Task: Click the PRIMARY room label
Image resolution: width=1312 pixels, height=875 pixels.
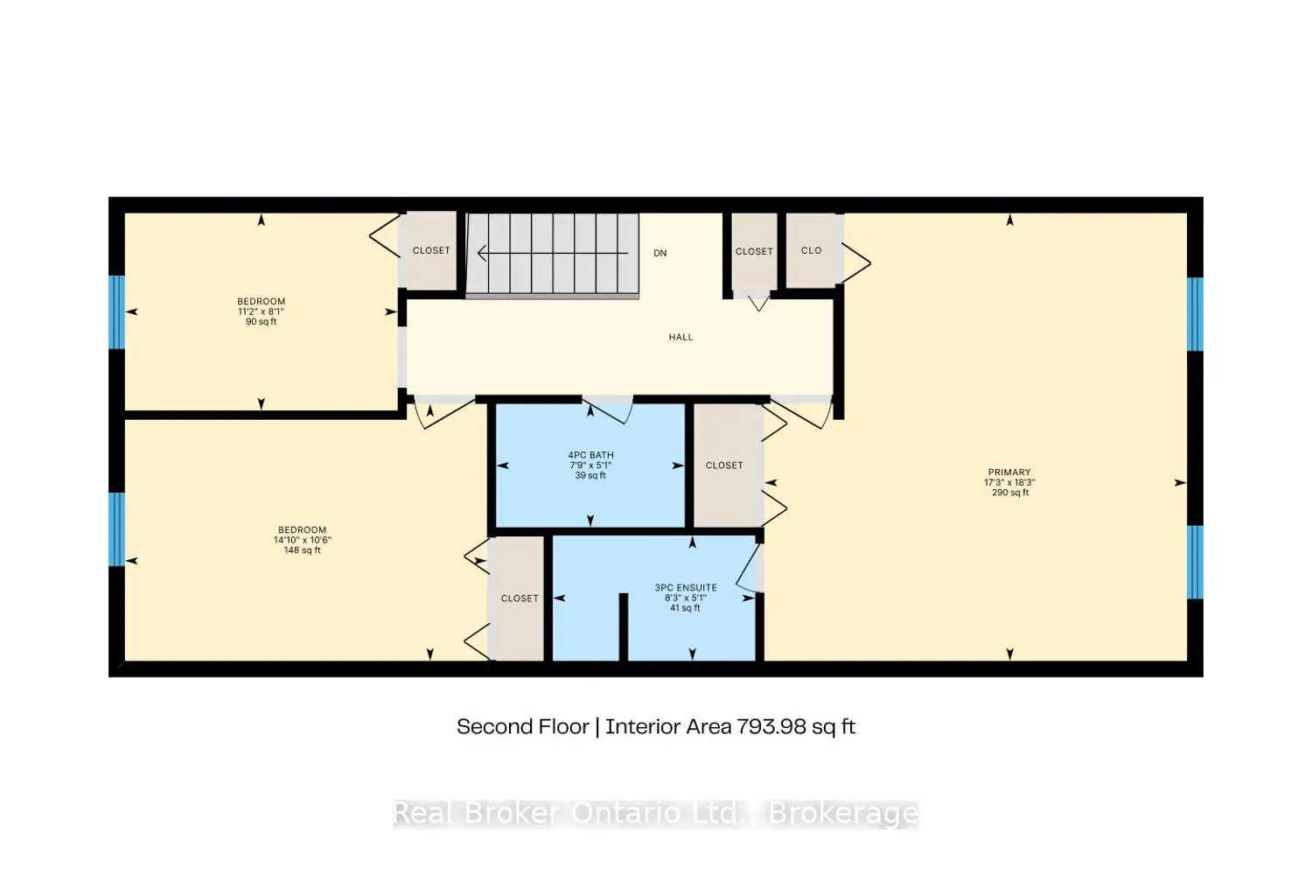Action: point(1009,472)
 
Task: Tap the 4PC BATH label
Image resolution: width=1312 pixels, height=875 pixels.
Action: point(590,455)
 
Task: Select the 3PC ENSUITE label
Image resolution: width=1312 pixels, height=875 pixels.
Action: point(686,588)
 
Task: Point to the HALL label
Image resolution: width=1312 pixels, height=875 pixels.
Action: point(680,337)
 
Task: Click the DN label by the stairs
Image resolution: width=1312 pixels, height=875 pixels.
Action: point(660,253)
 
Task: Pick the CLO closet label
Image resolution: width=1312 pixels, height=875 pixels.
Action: point(812,250)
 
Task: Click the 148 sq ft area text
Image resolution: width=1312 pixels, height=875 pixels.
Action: point(303,550)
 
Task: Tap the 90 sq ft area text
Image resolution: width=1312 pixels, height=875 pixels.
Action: point(261,322)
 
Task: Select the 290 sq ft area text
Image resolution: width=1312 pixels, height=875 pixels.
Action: point(1010,493)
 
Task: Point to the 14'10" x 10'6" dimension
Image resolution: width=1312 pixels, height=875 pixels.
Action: point(303,540)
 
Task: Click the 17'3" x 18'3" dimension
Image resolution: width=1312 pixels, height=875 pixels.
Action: point(1010,482)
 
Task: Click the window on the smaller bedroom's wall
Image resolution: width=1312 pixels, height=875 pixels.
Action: point(116,312)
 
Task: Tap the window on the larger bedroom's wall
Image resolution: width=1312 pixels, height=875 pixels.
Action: point(116,529)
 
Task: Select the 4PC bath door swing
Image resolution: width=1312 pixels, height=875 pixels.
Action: point(609,410)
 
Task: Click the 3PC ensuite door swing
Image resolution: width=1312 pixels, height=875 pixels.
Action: point(749,569)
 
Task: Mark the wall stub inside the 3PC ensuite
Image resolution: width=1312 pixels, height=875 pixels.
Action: point(624,626)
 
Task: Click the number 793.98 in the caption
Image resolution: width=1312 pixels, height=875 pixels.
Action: point(771,727)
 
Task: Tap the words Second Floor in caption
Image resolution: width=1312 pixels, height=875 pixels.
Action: point(523,727)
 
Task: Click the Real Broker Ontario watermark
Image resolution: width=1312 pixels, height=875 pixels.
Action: point(655,814)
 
